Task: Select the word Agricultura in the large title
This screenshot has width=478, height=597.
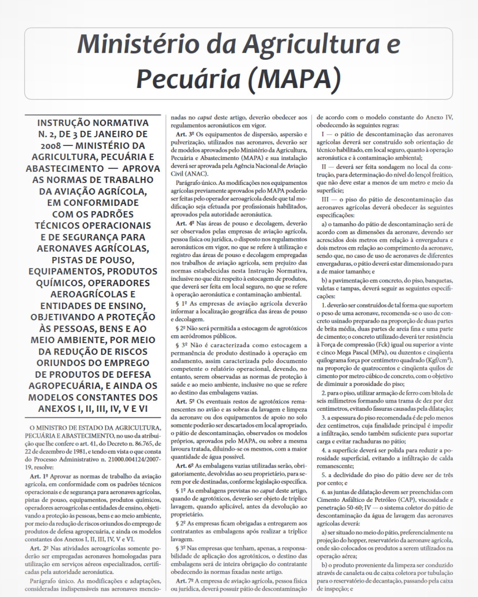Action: coord(311,45)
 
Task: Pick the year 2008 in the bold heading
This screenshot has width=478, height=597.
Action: coord(50,146)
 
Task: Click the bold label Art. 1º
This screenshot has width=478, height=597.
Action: coord(39,476)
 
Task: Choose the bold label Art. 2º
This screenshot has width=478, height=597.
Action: coord(39,548)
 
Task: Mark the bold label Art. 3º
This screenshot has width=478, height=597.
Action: coord(185,134)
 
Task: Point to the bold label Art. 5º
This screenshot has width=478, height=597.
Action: coord(185,402)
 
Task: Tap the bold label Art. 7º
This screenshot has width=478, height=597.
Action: coord(185,581)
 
